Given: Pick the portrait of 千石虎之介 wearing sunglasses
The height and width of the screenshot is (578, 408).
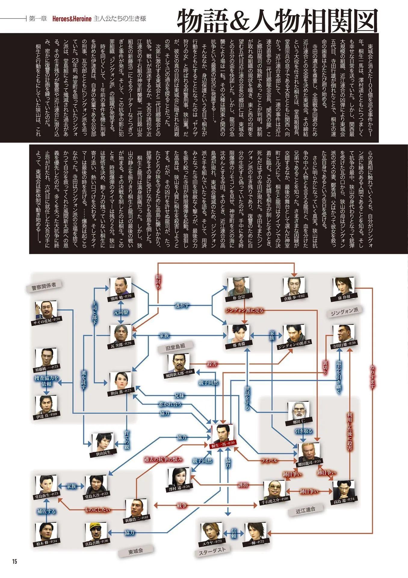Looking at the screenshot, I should pyautogui.click(x=274, y=498).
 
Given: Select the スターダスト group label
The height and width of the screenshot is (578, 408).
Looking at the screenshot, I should pyautogui.click(x=212, y=551).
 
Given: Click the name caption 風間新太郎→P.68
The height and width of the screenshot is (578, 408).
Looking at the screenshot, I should pyautogui.click(x=179, y=372).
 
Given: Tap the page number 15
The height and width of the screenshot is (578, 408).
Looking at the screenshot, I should pyautogui.click(x=14, y=561).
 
